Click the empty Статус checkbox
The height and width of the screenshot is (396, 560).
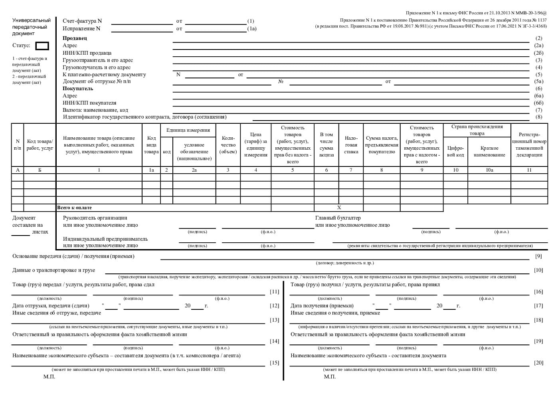click(x=42, y=46)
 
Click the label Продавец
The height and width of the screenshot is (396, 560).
click(x=75, y=38)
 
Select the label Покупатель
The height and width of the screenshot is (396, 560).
click(x=78, y=89)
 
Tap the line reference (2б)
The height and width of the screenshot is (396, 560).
click(x=539, y=53)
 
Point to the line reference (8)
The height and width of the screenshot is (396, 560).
click(x=539, y=117)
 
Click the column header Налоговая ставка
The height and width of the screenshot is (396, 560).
click(x=351, y=145)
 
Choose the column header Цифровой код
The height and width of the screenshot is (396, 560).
click(x=455, y=152)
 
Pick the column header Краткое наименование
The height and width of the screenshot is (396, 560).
click(x=489, y=152)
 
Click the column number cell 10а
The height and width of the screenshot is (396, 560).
click(x=489, y=170)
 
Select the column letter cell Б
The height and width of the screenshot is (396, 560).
click(x=40, y=170)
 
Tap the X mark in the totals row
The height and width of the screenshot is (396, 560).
click(x=339, y=208)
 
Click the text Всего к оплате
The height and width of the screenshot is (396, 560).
click(x=75, y=208)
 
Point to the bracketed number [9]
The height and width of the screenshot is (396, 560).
click(x=538, y=256)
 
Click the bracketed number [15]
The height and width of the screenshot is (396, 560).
click(x=275, y=363)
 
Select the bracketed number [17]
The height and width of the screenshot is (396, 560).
click(x=538, y=306)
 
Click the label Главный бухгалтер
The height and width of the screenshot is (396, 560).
click(x=338, y=218)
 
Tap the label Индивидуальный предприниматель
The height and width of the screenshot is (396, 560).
click(x=105, y=239)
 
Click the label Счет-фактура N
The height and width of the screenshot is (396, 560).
click(x=82, y=21)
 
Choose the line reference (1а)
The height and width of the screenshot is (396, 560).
click(x=252, y=29)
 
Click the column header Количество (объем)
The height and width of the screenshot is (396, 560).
click(x=228, y=145)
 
